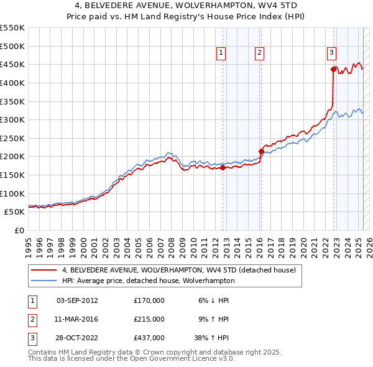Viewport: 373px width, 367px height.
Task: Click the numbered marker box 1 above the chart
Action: (x=221, y=53)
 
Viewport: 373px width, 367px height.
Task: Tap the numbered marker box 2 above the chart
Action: (x=259, y=53)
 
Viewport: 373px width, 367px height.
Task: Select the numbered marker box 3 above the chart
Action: (x=332, y=53)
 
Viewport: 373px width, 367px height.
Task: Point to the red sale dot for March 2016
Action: (x=261, y=151)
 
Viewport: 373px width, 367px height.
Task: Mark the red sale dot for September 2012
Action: (x=223, y=167)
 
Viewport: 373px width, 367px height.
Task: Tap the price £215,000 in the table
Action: (x=149, y=319)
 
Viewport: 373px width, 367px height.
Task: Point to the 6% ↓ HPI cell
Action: (x=214, y=300)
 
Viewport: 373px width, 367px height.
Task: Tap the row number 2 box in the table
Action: (x=30, y=319)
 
